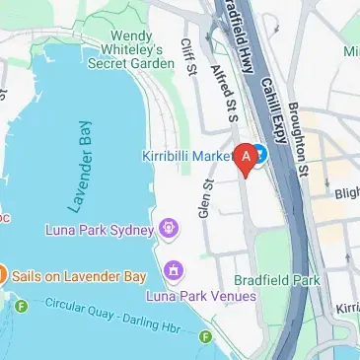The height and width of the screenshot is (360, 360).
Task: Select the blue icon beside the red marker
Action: coord(259,154)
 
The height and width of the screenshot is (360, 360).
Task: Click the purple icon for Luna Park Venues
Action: coord(175,269)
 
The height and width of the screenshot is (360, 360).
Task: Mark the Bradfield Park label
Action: coord(277,280)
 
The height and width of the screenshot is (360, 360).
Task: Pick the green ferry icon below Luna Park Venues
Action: coord(205,337)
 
